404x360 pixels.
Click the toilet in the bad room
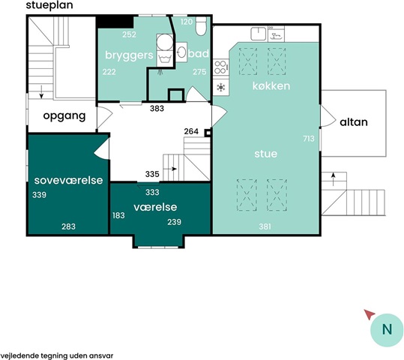pyautogui.click(x=201, y=25)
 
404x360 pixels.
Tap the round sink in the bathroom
pyautogui.click(x=181, y=52)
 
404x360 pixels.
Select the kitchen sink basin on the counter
pyautogui.click(x=259, y=34)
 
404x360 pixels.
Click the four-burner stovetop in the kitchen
pyautogui.click(x=221, y=67)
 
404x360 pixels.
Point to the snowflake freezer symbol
pyautogui.click(x=221, y=87)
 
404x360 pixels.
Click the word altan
pyautogui.click(x=354, y=122)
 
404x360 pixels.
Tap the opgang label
pyautogui.click(x=64, y=116)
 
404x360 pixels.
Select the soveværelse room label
pyautogui.click(x=68, y=180)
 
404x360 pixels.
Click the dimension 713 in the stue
pyautogui.click(x=309, y=139)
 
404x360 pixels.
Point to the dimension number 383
pyautogui.click(x=157, y=109)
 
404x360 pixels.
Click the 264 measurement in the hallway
pyautogui.click(x=191, y=131)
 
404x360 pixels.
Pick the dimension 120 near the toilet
pyautogui.click(x=187, y=22)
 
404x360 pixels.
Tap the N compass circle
pyautogui.click(x=387, y=330)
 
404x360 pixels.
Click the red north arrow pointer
pyautogui.click(x=370, y=314)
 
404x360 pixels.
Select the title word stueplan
pyautogui.click(x=49, y=5)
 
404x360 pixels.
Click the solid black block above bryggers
pyautogui.click(x=115, y=22)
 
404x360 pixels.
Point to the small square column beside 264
pyautogui.click(x=208, y=133)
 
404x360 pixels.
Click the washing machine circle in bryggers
pyautogui.click(x=165, y=42)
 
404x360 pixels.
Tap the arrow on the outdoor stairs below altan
pyautogui.click(x=334, y=179)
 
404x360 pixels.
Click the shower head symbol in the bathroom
pyautogui.click(x=161, y=72)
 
